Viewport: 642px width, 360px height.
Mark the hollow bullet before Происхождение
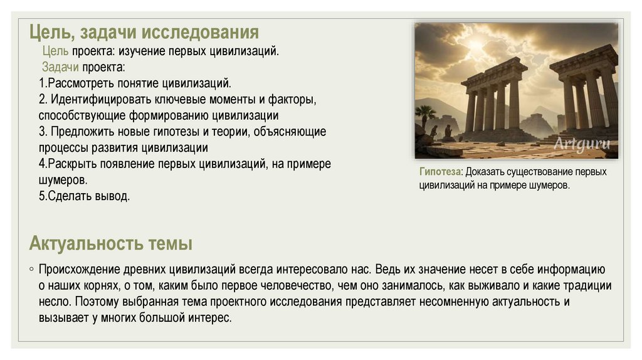tap(31, 270)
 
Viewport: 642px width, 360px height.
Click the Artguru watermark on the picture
tap(581, 142)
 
